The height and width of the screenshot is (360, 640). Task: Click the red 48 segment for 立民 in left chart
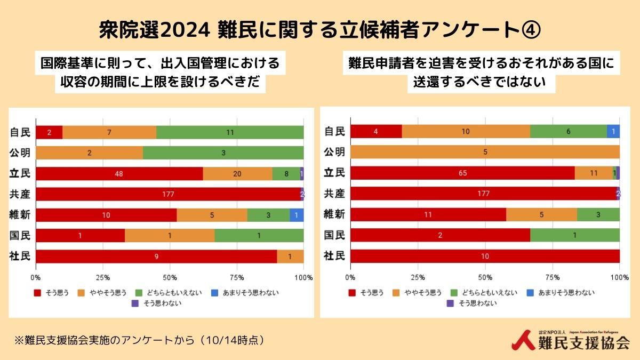[x=119, y=174]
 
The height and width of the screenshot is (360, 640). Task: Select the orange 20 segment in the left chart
[x=237, y=174]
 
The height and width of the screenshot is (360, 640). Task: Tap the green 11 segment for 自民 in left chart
[x=230, y=132]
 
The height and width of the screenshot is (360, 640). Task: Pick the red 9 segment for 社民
[x=156, y=257]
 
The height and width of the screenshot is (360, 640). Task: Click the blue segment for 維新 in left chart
[x=297, y=215]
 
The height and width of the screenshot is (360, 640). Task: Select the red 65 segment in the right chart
[x=462, y=173]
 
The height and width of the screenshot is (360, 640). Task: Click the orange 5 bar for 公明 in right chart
[x=485, y=152]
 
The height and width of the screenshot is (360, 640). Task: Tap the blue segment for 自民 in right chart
[x=613, y=131]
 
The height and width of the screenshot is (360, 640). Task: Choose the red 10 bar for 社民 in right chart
[x=485, y=256]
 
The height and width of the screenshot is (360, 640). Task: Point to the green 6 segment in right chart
[x=569, y=131]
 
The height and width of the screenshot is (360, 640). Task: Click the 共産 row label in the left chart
[x=21, y=194]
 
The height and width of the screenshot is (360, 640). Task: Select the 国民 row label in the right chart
[x=335, y=235]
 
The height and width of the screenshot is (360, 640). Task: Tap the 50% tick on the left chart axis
[x=170, y=278]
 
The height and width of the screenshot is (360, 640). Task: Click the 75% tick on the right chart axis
[x=553, y=278]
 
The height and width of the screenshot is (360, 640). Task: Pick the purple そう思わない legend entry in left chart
[x=156, y=303]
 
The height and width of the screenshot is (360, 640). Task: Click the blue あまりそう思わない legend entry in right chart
[x=560, y=292]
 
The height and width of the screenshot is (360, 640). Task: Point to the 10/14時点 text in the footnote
[x=231, y=340]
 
